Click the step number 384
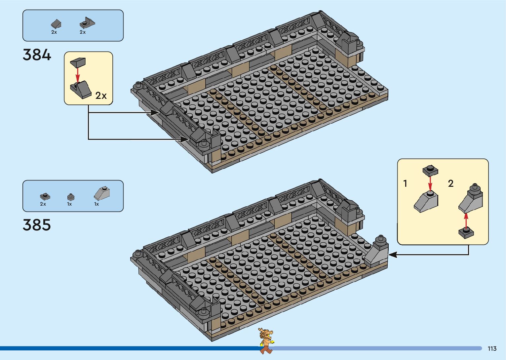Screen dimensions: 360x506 pyautogui.click(x=37, y=55)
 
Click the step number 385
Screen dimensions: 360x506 pyautogui.click(x=37, y=225)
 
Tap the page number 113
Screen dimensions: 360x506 pyautogui.click(x=492, y=349)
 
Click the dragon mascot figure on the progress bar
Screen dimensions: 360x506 pyautogui.click(x=266, y=340)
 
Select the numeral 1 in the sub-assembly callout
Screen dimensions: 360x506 pyautogui.click(x=405, y=183)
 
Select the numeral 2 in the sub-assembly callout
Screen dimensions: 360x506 pyautogui.click(x=450, y=183)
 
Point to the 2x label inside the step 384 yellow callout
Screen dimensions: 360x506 pyautogui.click(x=101, y=96)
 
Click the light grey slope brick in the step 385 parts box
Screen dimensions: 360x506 pyautogui.click(x=102, y=193)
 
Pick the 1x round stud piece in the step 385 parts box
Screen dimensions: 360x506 pyautogui.click(x=70, y=197)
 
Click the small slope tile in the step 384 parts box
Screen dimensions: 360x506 pyautogui.click(x=56, y=24)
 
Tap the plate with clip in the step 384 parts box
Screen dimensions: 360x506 pyautogui.click(x=87, y=23)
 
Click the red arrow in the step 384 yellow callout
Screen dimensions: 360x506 pyautogui.click(x=78, y=74)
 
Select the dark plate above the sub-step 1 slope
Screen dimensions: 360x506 pyautogui.click(x=430, y=171)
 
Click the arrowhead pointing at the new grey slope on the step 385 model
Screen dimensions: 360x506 pyautogui.click(x=392, y=255)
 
